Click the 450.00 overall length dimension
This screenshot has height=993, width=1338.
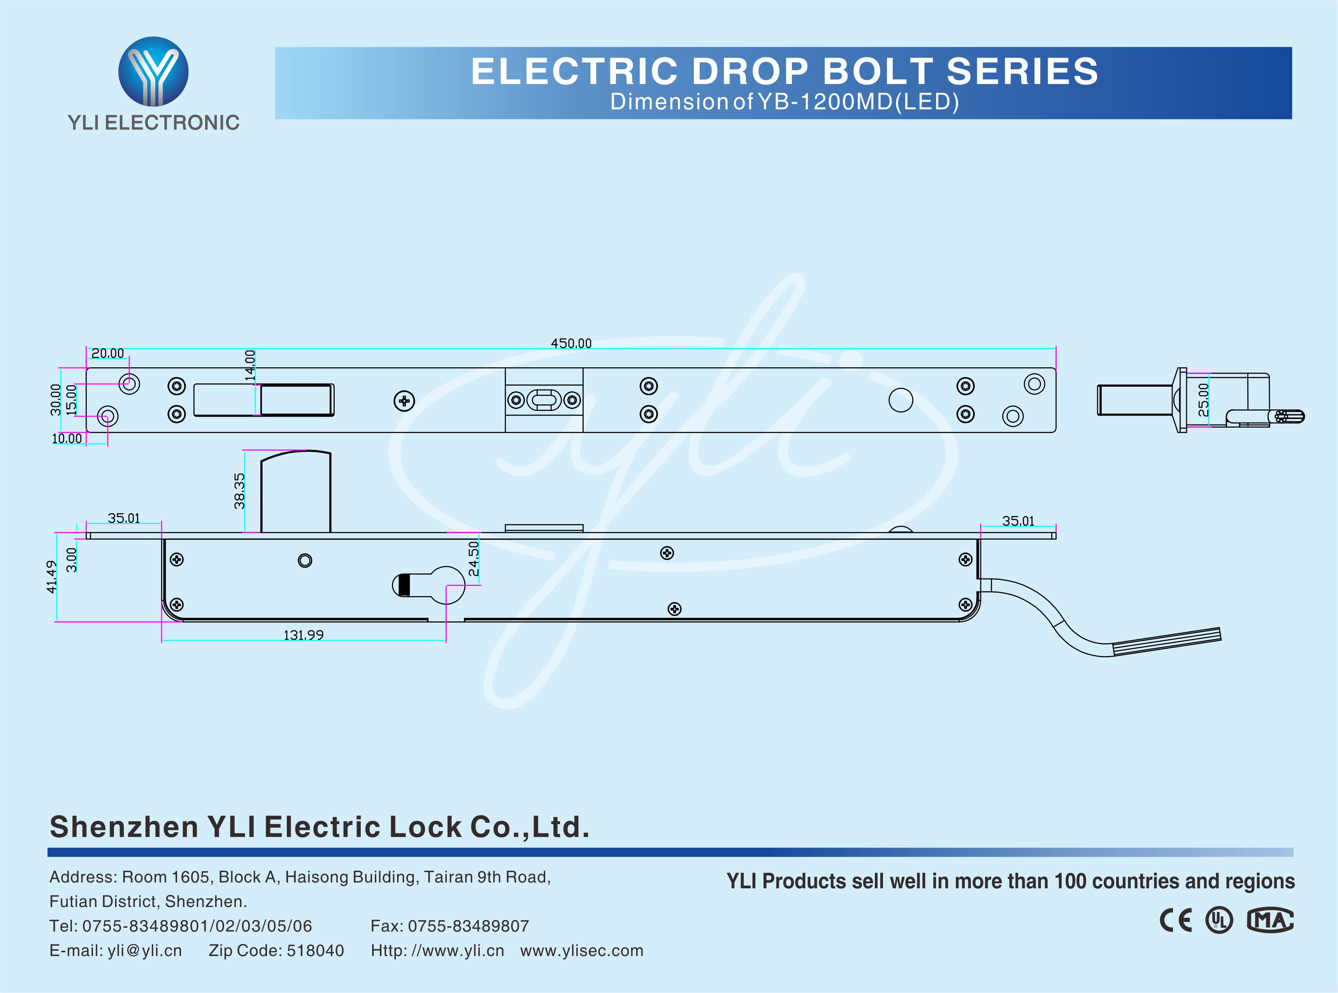pyautogui.click(x=571, y=343)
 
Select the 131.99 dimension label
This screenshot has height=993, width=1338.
pyautogui.click(x=304, y=635)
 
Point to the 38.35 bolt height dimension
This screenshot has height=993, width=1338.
pyautogui.click(x=240, y=491)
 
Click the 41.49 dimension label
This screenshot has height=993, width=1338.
pyautogui.click(x=52, y=577)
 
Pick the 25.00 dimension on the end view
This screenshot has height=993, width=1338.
pyautogui.click(x=1203, y=400)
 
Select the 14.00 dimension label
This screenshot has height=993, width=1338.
pyautogui.click(x=250, y=365)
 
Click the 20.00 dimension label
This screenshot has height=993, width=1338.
pyautogui.click(x=107, y=353)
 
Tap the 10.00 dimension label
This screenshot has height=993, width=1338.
pyautogui.click(x=67, y=439)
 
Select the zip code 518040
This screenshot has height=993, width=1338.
pyautogui.click(x=316, y=950)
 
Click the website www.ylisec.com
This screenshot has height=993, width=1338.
pyautogui.click(x=582, y=950)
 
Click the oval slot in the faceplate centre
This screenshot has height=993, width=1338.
pyautogui.click(x=544, y=400)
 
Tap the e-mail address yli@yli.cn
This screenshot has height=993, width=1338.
pyautogui.click(x=145, y=950)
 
